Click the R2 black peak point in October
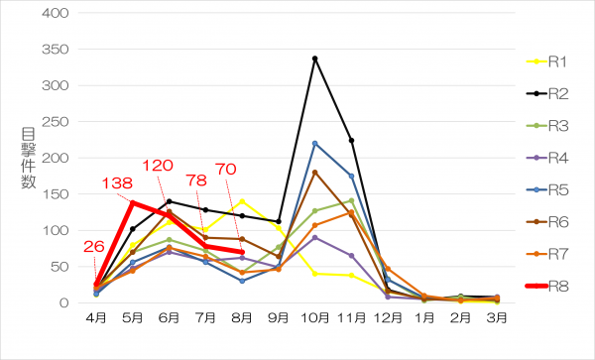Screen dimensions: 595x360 point(315,59)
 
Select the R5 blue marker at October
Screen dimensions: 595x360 point(315,144)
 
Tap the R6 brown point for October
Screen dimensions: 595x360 point(315,173)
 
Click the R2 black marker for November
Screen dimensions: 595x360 point(351,141)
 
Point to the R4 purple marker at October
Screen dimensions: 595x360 point(315,237)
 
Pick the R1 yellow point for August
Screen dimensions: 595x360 point(242,201)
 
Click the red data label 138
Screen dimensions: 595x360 point(117,183)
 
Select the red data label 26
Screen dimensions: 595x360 point(94,247)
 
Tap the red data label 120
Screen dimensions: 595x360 point(158,166)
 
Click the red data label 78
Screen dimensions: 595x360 point(196,180)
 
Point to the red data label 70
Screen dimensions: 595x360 point(226,170)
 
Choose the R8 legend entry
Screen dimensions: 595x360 point(546,286)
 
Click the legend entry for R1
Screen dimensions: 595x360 point(546,61)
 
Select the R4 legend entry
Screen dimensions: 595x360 point(546,158)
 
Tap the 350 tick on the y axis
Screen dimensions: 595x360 point(56,50)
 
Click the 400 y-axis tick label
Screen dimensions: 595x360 point(56,13)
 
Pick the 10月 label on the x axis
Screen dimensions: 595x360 point(315,317)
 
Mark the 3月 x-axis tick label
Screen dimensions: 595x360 point(497,317)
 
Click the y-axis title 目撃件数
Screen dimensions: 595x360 point(29,159)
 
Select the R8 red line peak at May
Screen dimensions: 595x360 point(133,203)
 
